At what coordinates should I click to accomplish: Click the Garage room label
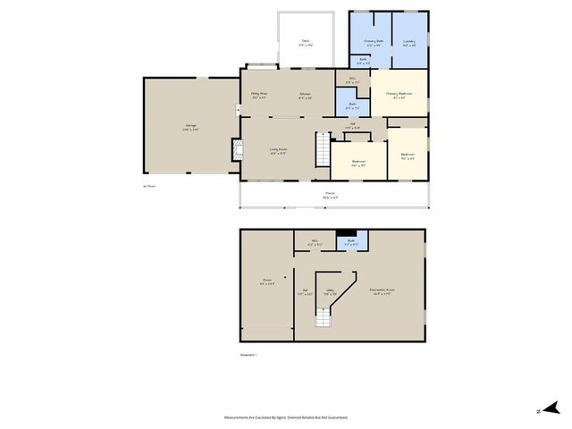(x=190, y=126)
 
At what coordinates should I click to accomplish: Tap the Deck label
(x=305, y=42)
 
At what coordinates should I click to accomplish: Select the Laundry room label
(x=409, y=42)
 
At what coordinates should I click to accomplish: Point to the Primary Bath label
(x=373, y=42)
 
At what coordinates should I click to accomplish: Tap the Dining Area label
(x=259, y=95)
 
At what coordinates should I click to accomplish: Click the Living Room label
(x=278, y=150)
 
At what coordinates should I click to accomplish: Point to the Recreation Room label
(x=383, y=290)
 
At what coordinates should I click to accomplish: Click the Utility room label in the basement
(x=329, y=290)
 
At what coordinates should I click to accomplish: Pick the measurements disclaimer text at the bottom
(x=286, y=417)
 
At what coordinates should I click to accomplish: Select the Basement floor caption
(x=248, y=356)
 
